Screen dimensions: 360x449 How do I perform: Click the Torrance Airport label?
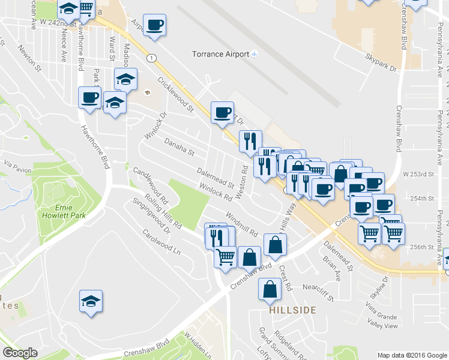[220, 54]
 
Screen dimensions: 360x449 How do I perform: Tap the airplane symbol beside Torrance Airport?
[255, 55]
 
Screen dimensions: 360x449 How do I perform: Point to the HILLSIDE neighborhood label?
[292, 310]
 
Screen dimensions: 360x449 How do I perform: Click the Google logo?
[20, 353]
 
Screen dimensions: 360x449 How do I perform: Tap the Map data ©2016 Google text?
[412, 355]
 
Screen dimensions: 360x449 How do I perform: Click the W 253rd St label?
[418, 174]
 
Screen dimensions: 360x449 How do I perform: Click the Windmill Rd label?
[241, 223]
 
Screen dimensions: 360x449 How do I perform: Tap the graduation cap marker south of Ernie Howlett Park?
[91, 301]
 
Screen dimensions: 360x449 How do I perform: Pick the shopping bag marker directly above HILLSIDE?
[270, 290]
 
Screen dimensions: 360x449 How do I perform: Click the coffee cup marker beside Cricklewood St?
[221, 112]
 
